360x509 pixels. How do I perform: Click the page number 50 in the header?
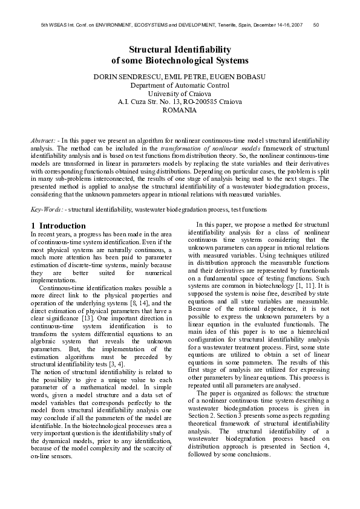[x=316, y=25]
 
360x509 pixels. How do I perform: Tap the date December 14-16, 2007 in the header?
[x=275, y=25]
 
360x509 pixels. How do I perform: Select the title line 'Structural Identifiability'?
[x=180, y=49]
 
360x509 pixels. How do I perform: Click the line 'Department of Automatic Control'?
[x=180, y=86]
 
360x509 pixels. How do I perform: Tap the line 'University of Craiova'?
[x=180, y=94]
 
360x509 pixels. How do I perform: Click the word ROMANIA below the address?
[x=180, y=111]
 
